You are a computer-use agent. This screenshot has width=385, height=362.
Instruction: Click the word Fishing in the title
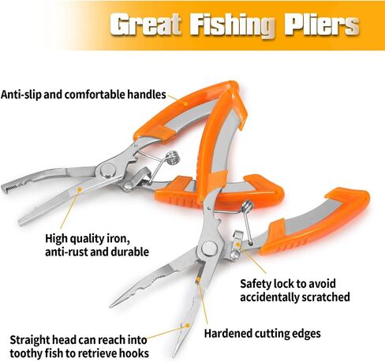232,25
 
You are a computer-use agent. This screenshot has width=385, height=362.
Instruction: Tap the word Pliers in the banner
322,24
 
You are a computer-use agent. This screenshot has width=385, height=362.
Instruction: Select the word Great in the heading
145,24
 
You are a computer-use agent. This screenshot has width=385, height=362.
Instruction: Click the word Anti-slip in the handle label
21,94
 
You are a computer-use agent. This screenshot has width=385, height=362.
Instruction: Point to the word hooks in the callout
134,353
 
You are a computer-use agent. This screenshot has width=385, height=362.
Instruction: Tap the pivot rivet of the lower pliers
210,248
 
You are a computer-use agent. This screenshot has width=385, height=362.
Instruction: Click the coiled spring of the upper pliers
173,157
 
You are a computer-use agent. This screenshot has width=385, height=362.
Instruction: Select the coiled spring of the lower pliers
247,206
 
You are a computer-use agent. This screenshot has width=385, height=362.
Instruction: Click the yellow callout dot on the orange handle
185,103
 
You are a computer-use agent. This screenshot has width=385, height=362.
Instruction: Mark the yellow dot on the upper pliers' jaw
80,189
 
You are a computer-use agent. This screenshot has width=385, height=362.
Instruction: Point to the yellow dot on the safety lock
237,244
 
